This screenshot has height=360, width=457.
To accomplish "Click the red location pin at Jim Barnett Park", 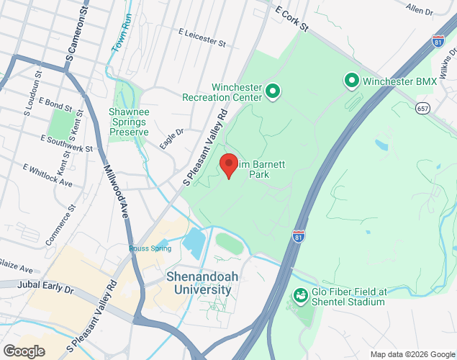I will (229, 166).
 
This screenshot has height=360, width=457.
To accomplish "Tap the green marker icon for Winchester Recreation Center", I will (273, 91).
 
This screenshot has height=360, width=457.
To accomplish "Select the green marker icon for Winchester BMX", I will (352, 81).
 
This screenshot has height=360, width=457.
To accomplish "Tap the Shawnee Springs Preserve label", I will (128, 122).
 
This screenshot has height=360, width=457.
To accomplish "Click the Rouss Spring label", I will (150, 248).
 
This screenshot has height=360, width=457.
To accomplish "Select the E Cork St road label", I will (291, 18).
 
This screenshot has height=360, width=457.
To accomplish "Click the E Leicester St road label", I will (202, 37).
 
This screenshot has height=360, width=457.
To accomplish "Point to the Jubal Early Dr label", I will (47, 289).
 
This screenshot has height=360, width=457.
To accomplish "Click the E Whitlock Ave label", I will (47, 176).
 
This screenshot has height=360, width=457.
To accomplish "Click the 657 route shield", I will (422, 107).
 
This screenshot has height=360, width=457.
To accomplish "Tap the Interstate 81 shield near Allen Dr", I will (439, 40).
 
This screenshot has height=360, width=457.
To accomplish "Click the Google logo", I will (23, 351).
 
